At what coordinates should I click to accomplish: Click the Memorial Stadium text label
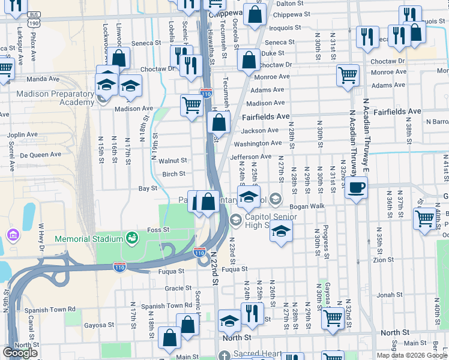coord(88,239)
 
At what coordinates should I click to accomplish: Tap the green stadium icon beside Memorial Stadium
coord(131,239)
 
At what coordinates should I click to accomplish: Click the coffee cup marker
coord(357,188)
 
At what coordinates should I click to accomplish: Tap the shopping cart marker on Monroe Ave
coord(348,76)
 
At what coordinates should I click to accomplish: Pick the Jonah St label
coord(390,295)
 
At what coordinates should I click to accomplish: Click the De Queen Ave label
coord(41,154)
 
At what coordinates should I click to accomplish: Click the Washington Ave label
coord(258,143)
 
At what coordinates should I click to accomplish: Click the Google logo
coord(20,353)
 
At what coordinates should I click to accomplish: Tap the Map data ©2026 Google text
coord(412,355)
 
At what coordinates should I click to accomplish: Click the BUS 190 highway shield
coord(34,19)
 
